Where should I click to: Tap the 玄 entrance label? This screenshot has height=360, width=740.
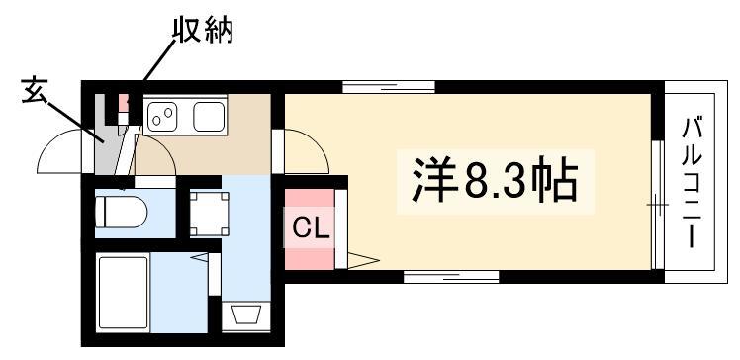coord(35,91)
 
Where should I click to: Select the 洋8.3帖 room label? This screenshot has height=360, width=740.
coord(495,182)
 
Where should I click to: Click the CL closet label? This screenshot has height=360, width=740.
coord(310,229)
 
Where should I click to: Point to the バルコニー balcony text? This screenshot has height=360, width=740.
coord(691,183)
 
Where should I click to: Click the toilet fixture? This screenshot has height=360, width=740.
coord(121,213)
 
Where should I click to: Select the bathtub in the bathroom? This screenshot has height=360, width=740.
coord(123,292)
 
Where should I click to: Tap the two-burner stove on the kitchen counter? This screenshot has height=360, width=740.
coord(162,116)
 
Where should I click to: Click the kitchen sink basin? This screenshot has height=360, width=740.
coord(209,117)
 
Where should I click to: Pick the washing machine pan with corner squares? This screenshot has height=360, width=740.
coord(209,214)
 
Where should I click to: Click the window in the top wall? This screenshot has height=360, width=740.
coord(389,87)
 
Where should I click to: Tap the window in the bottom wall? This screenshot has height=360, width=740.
coord(451,277)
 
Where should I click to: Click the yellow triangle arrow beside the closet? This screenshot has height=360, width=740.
coord(363,260)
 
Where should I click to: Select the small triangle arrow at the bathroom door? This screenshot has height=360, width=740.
coord(199,257)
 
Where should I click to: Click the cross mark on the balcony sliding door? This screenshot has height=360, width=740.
coord(658,205)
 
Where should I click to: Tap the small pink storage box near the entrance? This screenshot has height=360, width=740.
coord(124,104)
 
